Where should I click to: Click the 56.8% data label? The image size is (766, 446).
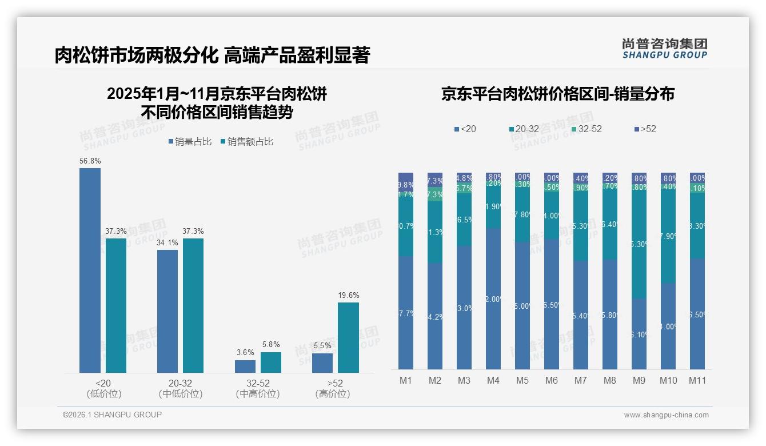[x=90, y=161]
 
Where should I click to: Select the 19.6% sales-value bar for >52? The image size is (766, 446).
[x=348, y=337]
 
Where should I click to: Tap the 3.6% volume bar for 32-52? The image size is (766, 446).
[x=245, y=367]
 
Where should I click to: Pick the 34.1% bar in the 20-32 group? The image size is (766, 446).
[x=167, y=311]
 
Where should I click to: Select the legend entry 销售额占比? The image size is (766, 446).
[x=247, y=141]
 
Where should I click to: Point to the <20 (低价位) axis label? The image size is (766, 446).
[x=103, y=388]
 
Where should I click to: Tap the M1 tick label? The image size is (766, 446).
[x=406, y=380]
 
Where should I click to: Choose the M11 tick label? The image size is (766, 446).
[x=697, y=380]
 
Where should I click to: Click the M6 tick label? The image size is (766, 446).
[x=551, y=380]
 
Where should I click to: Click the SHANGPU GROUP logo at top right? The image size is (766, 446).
[x=664, y=48]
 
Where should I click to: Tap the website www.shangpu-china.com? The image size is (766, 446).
[x=666, y=415]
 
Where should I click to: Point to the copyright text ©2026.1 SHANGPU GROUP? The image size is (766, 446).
[x=112, y=415]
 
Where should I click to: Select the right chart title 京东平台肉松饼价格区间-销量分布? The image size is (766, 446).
[x=557, y=94]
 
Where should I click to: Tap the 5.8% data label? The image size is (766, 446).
[x=271, y=345]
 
